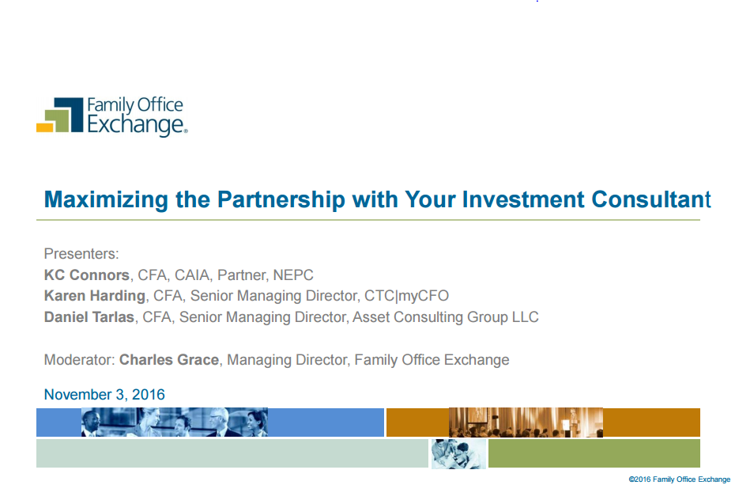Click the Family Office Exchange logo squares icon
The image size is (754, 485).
coord(60,115)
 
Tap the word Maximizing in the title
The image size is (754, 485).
coord(106,200)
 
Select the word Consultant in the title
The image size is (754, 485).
coord(651,199)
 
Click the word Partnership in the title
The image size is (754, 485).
coord(281,199)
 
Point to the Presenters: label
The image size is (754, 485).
coord(81,253)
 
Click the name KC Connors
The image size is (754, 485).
coord(87,275)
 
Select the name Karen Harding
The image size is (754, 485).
coord(95,296)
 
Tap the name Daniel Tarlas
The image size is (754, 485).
coord(89,317)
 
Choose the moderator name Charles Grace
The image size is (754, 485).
coord(169,359)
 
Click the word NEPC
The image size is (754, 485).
coord(293,275)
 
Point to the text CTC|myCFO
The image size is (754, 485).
coord(406,296)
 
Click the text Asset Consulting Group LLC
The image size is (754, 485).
coord(446,317)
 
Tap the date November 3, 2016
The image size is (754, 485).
coord(104,395)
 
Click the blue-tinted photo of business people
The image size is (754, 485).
coord(175,422)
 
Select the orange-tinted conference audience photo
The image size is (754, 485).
coord(526,422)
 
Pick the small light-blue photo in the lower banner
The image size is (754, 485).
coord(458,453)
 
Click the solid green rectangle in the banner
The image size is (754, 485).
coord(594,453)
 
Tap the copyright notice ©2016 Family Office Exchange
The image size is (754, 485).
coord(680,479)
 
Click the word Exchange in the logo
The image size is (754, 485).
coord(137,124)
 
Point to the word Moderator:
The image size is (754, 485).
coord(79,359)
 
